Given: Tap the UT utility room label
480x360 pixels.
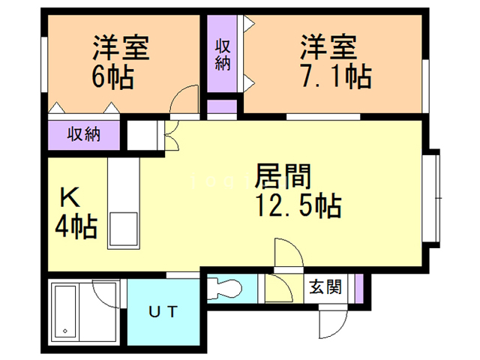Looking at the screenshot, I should (163, 311).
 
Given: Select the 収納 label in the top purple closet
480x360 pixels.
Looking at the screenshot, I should (223, 55).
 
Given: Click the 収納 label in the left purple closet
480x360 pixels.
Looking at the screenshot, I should (84, 135).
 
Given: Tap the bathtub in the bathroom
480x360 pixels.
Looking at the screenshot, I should (67, 310).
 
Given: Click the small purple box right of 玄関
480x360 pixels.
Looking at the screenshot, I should (358, 286).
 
